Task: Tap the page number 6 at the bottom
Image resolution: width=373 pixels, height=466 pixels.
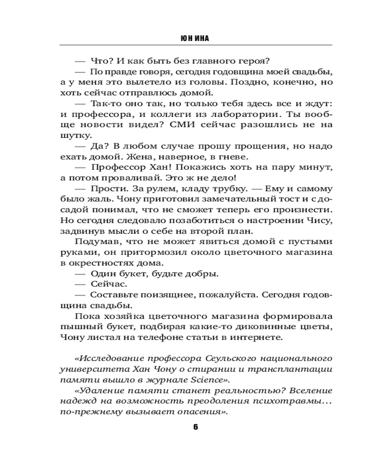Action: point(195,427)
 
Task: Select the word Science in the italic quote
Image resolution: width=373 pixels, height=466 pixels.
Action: point(239,379)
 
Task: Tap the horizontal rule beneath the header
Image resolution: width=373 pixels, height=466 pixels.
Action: point(195,45)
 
